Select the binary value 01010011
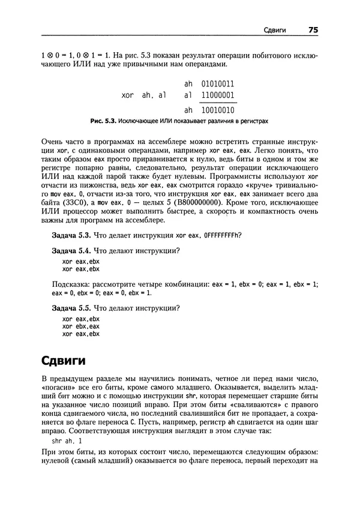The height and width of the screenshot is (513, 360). [218, 84]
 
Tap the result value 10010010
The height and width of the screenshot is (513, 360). [218, 110]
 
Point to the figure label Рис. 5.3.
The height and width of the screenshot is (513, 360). [103, 121]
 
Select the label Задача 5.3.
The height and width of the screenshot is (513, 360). [71, 234]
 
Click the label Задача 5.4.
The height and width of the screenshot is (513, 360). [71, 250]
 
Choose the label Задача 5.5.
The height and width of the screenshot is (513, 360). [71, 308]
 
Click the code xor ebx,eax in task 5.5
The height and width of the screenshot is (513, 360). [80, 326]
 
